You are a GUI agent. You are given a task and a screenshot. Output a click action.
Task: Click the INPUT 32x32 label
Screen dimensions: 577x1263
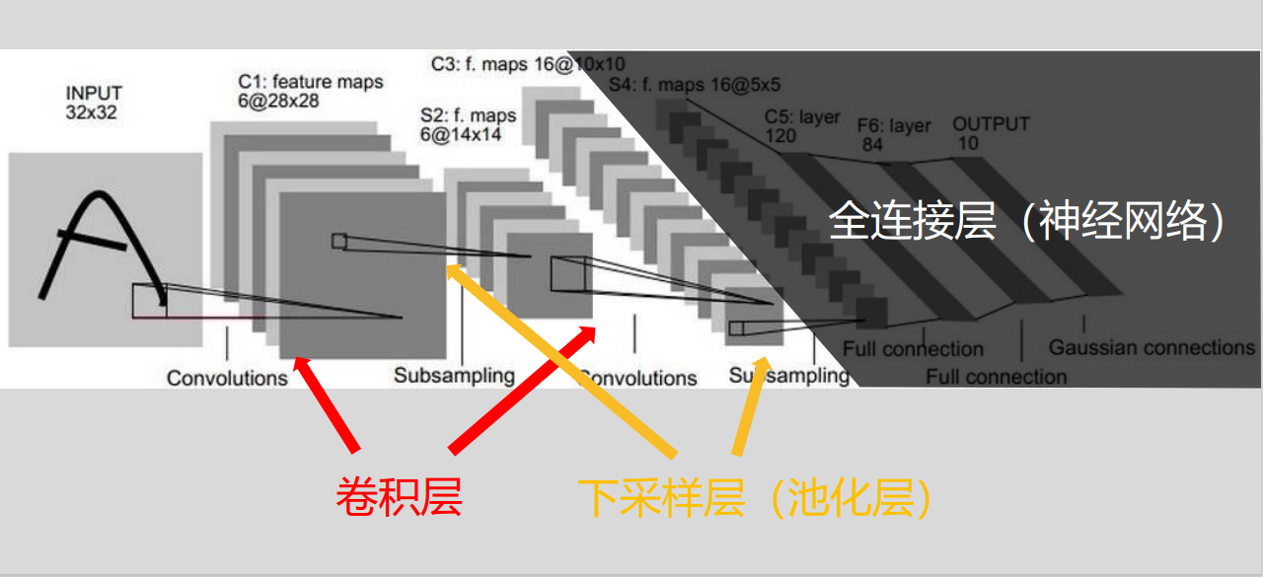coord(94,103)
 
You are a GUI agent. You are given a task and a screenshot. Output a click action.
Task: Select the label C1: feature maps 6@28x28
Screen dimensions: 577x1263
coord(310,91)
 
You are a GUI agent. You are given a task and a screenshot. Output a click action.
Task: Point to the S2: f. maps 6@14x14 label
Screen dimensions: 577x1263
coord(468,125)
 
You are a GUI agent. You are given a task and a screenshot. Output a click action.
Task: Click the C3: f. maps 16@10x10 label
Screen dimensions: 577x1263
coord(528,65)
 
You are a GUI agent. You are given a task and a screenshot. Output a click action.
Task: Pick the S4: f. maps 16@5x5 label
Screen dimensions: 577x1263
coord(695,85)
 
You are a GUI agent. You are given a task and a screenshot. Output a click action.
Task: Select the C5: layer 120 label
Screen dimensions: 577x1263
coord(802,126)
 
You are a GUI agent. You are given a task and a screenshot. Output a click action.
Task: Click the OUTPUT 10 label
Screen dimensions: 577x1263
coord(990,133)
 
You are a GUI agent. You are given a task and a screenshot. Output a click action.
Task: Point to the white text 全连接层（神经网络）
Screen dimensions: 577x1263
coord(1027,222)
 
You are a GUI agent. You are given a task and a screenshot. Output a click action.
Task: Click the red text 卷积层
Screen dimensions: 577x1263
coord(399,496)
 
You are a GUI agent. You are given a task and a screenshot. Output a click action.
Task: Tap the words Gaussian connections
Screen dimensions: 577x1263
coord(1151,347)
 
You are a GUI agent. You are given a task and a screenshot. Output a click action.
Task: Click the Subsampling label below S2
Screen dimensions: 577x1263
coord(454,376)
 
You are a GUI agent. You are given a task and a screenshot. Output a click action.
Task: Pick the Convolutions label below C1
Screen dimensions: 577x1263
coord(227,378)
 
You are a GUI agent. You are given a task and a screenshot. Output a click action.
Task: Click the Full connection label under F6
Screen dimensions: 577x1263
coord(996,377)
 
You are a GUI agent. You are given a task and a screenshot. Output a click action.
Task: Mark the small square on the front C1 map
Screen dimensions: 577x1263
coord(339,241)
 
